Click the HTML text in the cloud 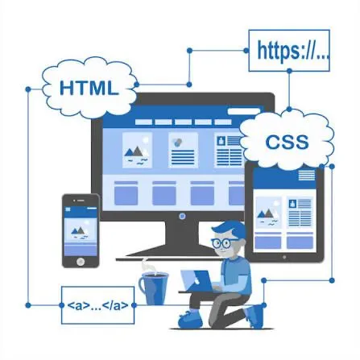click(89, 88)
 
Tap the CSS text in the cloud click(287, 142)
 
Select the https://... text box click(289, 51)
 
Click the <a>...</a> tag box click(97, 305)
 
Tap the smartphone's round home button click(81, 261)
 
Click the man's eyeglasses click(221, 243)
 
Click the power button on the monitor click(182, 216)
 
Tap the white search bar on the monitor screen click(244, 111)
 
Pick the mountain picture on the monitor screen click(137, 150)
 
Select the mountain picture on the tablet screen click(268, 213)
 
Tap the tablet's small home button click(284, 257)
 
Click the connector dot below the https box click(289, 71)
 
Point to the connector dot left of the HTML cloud click(28, 89)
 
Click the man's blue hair click(230, 229)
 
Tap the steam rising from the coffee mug click(147, 266)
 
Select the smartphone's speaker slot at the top click(81, 201)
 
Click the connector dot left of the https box click(246, 51)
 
